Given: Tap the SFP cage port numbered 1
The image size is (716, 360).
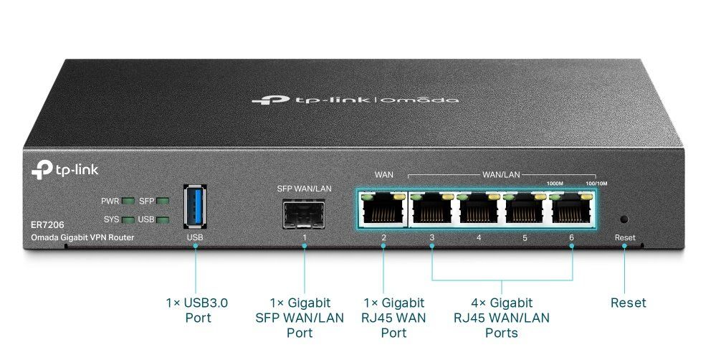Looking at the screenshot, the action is click(304, 214).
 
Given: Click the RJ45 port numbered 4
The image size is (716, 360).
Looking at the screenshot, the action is click(479, 209).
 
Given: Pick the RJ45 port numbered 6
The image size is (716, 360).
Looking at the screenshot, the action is click(571, 209).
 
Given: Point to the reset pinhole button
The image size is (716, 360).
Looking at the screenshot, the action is click(624, 219).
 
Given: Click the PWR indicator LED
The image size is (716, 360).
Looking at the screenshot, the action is click(128, 201).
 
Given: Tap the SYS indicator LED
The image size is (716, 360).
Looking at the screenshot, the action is click(128, 219).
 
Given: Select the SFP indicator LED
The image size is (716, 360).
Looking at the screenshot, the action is click(163, 201).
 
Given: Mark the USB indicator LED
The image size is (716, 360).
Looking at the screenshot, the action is click(163, 219).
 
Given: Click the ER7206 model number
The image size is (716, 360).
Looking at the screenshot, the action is click(47, 225).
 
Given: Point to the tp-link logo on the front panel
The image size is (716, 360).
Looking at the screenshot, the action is click(65, 169).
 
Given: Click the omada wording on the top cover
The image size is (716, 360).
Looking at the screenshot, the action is click(419, 100).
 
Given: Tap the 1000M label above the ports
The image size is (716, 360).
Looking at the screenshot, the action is click(555, 184).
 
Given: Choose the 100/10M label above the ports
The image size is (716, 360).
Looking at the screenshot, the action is click(596, 184).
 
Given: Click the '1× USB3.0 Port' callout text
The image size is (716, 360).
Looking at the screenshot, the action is click(197, 311).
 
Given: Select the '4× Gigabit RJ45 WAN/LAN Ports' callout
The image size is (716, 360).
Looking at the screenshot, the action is click(502, 318).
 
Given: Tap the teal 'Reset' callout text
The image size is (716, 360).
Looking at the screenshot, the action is click(629, 303).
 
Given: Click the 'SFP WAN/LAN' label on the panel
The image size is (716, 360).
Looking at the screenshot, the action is click(304, 189).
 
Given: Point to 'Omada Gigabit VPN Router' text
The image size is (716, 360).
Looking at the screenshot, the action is click(82, 237).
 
